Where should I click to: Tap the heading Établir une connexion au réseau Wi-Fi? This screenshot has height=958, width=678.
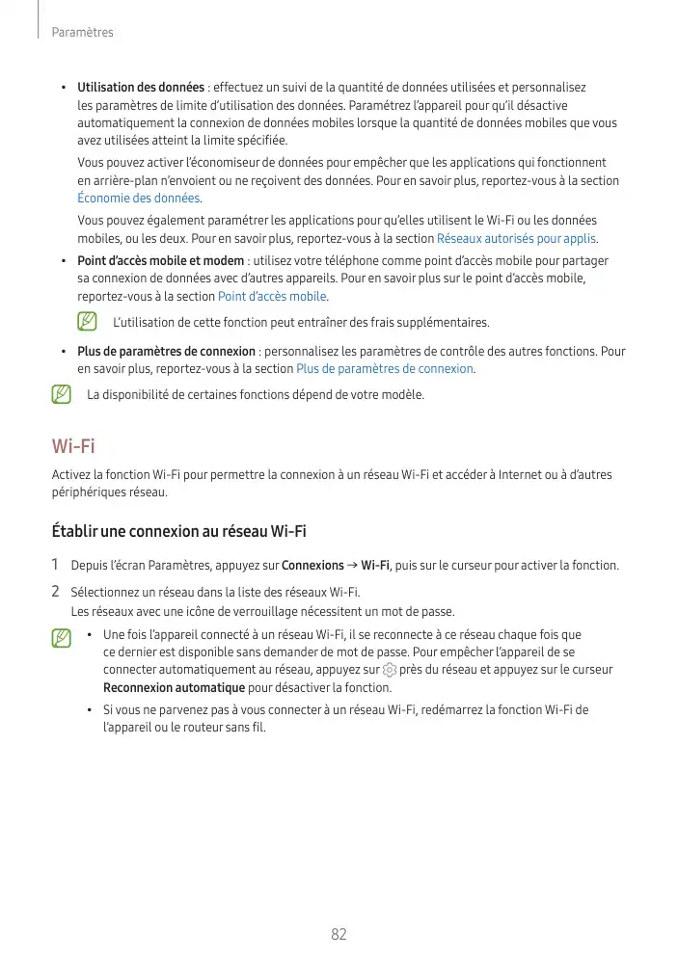tap(178, 531)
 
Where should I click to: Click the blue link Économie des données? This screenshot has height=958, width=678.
tap(139, 199)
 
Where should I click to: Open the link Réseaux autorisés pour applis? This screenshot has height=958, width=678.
tap(517, 238)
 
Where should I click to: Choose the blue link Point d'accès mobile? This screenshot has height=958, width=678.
tap(273, 296)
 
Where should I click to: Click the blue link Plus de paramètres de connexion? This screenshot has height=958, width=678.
tap(385, 369)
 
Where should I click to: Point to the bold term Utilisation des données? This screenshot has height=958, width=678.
tap(141, 88)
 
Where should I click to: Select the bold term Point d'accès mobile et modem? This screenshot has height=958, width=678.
tap(160, 261)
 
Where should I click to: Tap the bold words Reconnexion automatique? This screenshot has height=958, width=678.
tap(174, 687)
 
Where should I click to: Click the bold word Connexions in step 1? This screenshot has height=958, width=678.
tap(312, 566)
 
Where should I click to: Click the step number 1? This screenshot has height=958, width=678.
tap(56, 565)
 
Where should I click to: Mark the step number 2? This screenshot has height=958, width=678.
tap(56, 590)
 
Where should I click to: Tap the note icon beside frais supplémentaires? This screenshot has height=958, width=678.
tap(88, 321)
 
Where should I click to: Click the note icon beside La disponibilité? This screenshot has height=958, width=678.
tap(62, 394)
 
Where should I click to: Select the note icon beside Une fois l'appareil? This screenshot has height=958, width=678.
tap(62, 637)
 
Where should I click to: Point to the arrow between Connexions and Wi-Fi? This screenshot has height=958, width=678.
tap(352, 566)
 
